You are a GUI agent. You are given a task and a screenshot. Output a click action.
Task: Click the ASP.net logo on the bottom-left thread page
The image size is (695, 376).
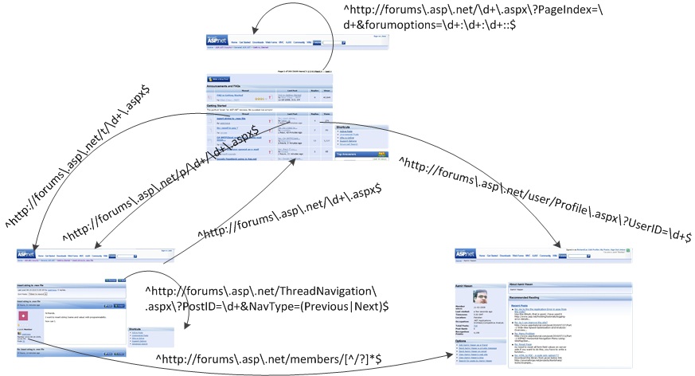[x=25, y=253]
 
